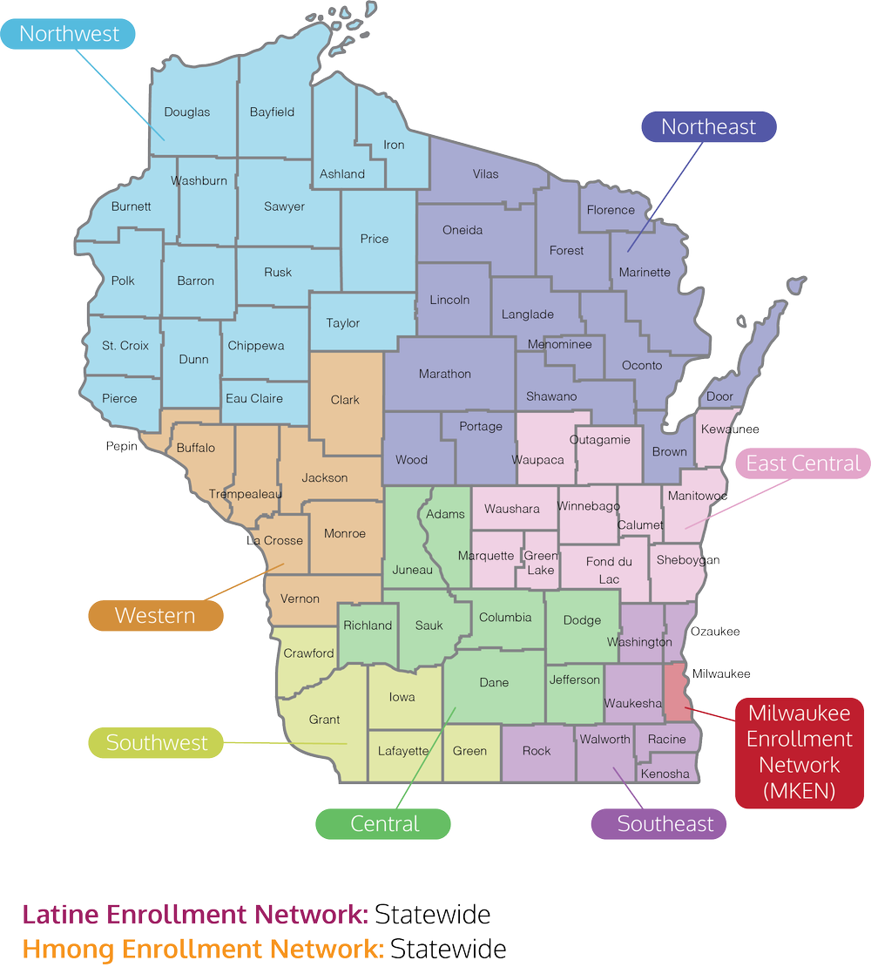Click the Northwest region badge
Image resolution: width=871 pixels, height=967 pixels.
69,34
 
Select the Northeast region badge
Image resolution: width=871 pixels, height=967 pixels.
708,126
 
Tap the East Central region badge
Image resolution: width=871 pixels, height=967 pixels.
802,463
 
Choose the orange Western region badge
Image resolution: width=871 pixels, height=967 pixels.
155,615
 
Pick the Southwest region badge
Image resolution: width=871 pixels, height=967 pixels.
157,743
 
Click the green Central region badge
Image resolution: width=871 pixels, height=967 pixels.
384,823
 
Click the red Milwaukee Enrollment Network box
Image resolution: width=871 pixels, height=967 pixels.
799,752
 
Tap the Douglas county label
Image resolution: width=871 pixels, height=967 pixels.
187,112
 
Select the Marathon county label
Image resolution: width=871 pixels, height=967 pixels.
444,374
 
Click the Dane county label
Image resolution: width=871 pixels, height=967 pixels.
494,682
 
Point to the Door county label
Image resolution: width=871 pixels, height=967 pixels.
719,396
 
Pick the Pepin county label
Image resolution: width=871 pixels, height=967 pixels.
122,446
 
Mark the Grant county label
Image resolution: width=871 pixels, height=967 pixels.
325,720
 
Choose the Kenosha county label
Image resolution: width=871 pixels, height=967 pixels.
665,774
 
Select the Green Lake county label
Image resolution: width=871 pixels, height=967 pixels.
540,563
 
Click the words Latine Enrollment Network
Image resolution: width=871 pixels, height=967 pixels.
195,916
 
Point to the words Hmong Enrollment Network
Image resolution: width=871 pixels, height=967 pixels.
202,949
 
